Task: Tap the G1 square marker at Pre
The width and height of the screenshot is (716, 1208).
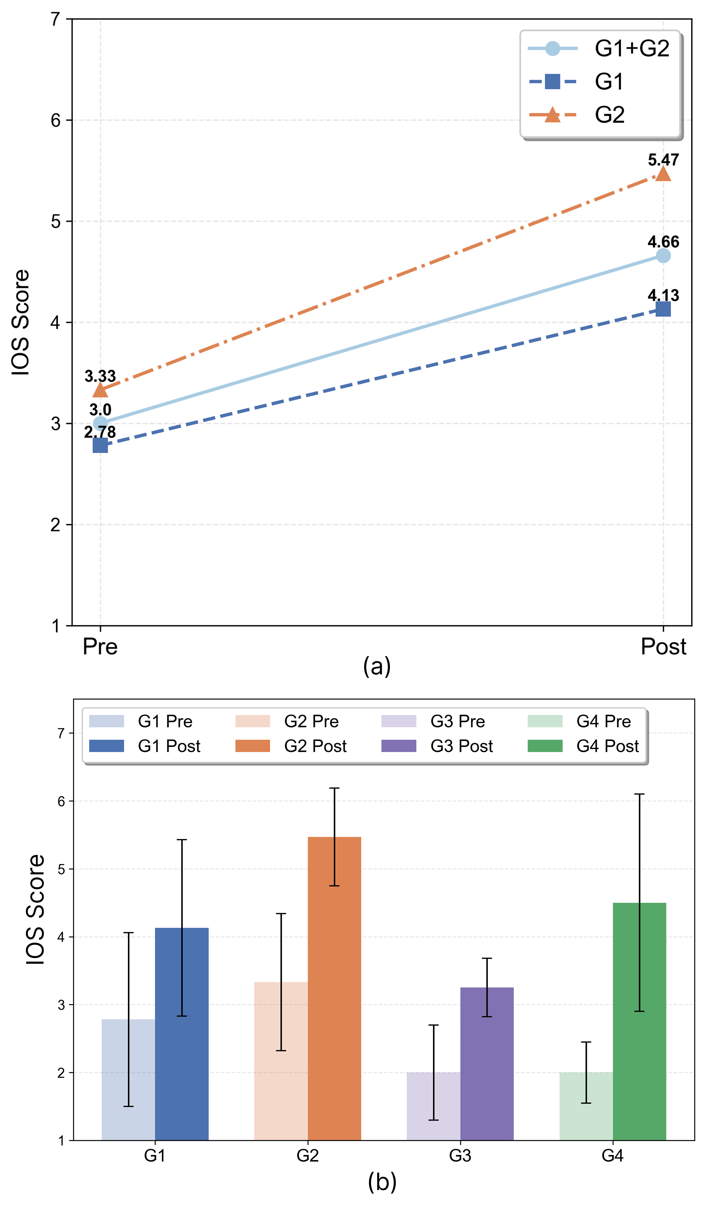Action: [100, 445]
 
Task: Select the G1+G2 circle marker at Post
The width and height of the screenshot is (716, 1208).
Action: [663, 256]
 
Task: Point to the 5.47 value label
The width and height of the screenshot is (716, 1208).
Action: [663, 160]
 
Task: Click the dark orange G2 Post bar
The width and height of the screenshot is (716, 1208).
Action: [334, 989]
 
